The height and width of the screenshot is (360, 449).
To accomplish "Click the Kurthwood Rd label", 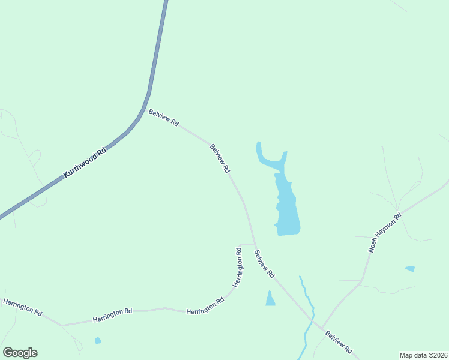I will pos(85,162).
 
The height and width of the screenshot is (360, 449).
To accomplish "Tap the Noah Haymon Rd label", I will pos(385,233).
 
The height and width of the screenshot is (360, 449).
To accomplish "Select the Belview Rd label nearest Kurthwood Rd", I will pos(164,118).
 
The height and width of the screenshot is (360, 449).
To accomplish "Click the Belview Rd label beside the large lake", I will pos(220,159).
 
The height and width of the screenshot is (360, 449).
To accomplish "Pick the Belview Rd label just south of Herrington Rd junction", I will pos(264,264).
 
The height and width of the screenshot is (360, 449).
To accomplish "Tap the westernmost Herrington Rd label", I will pos(22,307).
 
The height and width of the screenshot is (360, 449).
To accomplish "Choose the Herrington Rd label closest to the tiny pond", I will pos(112,316).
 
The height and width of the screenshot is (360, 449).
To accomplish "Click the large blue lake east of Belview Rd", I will pos(287,207).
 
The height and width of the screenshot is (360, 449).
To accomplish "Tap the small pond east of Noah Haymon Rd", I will pos(410,268).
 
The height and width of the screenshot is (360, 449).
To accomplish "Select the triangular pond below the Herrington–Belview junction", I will pos(270,299).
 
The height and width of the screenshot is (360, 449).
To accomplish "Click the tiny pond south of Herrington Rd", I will pos(98,341).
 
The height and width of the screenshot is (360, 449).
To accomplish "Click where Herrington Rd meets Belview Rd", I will pos(255,244).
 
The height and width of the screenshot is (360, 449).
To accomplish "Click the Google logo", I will pos(20,353).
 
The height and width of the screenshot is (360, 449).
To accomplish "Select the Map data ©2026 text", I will pos(423,355).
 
